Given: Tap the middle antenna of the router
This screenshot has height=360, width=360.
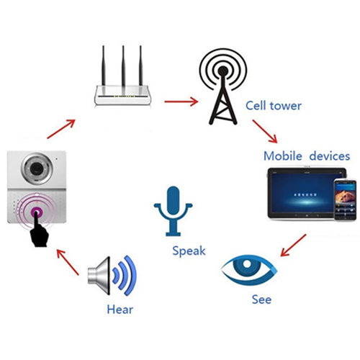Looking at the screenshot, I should [122, 64].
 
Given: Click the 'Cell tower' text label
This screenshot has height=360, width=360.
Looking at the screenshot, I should [272, 107].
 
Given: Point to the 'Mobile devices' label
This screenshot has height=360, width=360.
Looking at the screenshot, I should [306, 156].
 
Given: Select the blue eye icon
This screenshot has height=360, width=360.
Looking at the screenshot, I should [248, 271].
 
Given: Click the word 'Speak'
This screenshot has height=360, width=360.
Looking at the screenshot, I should [189, 251].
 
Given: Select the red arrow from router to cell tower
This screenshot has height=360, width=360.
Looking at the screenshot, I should [181, 102].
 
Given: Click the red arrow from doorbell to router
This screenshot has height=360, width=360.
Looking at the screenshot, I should [60, 125].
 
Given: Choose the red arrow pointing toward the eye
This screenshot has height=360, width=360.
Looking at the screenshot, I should [294, 242].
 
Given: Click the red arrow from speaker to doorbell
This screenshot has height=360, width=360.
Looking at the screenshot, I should [68, 261].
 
